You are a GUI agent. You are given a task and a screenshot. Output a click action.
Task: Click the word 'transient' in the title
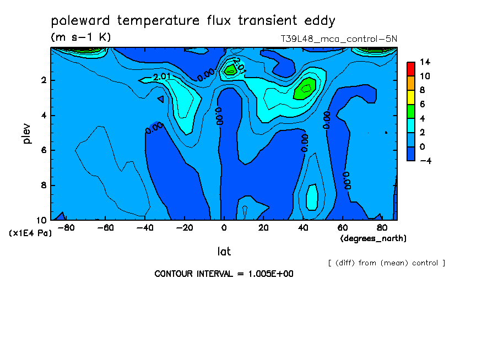tap(267, 20)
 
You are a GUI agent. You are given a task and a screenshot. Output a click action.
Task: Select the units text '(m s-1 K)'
tap(80, 37)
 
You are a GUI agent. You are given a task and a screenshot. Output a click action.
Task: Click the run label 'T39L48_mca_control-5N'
tap(339, 39)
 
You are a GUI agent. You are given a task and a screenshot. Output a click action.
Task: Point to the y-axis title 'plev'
tap(26, 133)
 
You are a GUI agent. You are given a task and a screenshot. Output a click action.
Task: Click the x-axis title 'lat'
tap(224, 252)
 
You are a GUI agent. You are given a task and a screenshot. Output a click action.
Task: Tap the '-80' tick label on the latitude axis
tap(66, 228)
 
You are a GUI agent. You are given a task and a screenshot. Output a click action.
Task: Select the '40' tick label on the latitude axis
tap(303, 228)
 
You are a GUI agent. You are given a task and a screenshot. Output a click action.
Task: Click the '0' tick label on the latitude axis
tap(224, 228)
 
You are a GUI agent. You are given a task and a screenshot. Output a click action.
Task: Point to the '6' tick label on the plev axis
tap(44, 150)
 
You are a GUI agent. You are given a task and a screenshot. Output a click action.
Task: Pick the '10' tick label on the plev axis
tap(41, 220)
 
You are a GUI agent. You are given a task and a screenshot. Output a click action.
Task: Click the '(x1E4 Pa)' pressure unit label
tap(30, 233)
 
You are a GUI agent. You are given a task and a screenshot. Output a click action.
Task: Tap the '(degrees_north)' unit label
tap(373, 238)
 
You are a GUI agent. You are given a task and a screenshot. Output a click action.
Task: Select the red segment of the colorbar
tap(411, 69)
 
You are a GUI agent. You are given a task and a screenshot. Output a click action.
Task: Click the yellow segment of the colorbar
tap(411, 97)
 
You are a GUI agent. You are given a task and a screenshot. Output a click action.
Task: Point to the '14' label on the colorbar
tap(425, 62)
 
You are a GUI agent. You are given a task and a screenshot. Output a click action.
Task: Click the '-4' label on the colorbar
tap(425, 161)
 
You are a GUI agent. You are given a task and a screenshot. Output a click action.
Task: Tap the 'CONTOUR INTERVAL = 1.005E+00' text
tap(224, 274)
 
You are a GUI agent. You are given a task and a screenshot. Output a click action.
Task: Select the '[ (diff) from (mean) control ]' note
tap(387, 263)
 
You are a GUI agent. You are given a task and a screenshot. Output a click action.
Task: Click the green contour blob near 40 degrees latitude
tap(305, 89)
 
